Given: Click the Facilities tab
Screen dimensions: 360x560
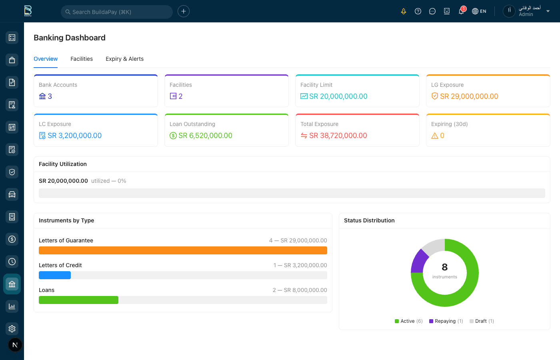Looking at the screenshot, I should (x=82, y=59).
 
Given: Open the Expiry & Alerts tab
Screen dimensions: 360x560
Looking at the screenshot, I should (x=124, y=59).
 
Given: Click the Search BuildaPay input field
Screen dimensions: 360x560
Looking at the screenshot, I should (x=117, y=12).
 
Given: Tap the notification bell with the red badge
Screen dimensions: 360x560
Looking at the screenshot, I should (x=461, y=11).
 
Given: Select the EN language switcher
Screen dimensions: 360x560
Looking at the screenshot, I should (x=479, y=11).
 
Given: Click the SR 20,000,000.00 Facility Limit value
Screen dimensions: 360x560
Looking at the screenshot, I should (x=338, y=96).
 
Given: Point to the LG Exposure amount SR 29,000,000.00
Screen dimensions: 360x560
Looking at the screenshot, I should (x=469, y=96).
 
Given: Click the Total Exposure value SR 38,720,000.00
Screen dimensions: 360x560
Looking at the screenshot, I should (x=338, y=136).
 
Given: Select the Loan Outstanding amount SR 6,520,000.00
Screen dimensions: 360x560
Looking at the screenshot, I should (x=205, y=136).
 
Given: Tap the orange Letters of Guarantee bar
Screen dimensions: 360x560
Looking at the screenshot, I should (x=183, y=250).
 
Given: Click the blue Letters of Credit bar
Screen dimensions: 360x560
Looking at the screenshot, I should (x=55, y=275).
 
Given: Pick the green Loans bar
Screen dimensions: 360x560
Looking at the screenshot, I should (x=78, y=300).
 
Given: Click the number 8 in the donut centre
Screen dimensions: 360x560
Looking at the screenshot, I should (x=444, y=267).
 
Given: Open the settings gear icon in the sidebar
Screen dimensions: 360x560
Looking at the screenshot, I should (x=12, y=329).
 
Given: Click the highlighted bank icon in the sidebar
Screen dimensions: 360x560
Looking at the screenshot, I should (x=12, y=284).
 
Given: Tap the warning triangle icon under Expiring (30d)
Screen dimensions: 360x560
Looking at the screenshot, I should (x=435, y=136).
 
